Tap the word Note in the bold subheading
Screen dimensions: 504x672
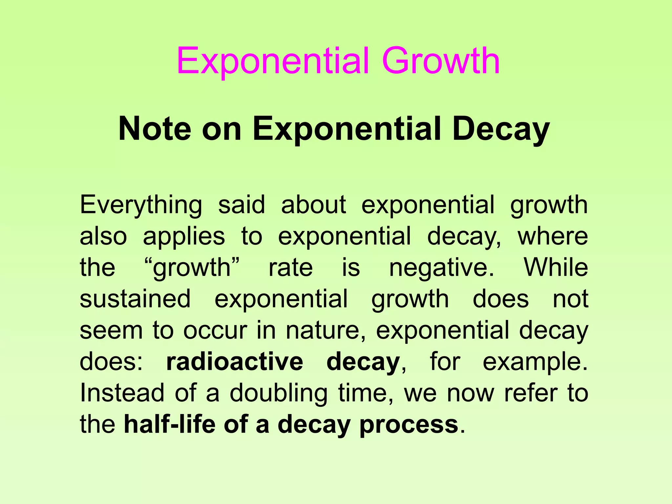pyautogui.click(x=155, y=129)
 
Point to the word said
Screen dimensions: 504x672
pyautogui.click(x=241, y=205)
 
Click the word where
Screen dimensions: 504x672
pyautogui.click(x=553, y=236)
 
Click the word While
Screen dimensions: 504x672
pyautogui.click(x=556, y=267)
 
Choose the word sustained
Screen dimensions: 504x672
pyautogui.click(x=135, y=299)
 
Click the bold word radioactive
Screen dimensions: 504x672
pyautogui.click(x=235, y=362)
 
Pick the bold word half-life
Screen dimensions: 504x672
pyautogui.click(x=169, y=424)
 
